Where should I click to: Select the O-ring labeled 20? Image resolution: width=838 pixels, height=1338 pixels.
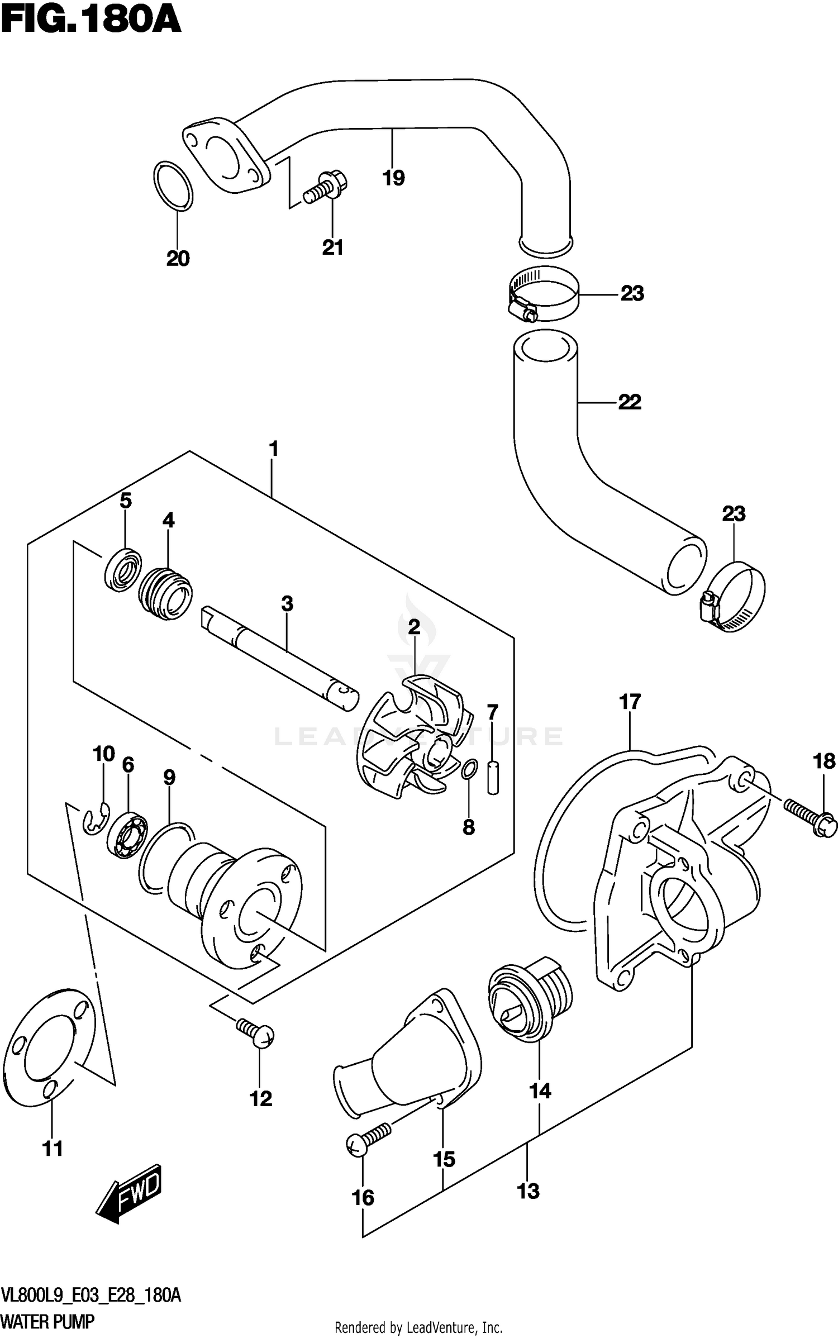pos(173,187)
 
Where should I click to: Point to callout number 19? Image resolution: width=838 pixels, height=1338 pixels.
pos(393,178)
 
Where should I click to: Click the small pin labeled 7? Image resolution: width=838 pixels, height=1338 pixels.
pos(492,777)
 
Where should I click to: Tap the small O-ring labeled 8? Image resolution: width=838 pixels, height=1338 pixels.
pos(469,769)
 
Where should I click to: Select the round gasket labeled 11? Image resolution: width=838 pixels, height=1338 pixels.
pos(50,1047)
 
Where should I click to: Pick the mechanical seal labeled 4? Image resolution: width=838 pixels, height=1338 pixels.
pos(165,593)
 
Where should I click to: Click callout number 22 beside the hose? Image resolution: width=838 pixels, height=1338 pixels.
pos(630,402)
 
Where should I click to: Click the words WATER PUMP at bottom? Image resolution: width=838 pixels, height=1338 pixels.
pos(48,1322)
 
